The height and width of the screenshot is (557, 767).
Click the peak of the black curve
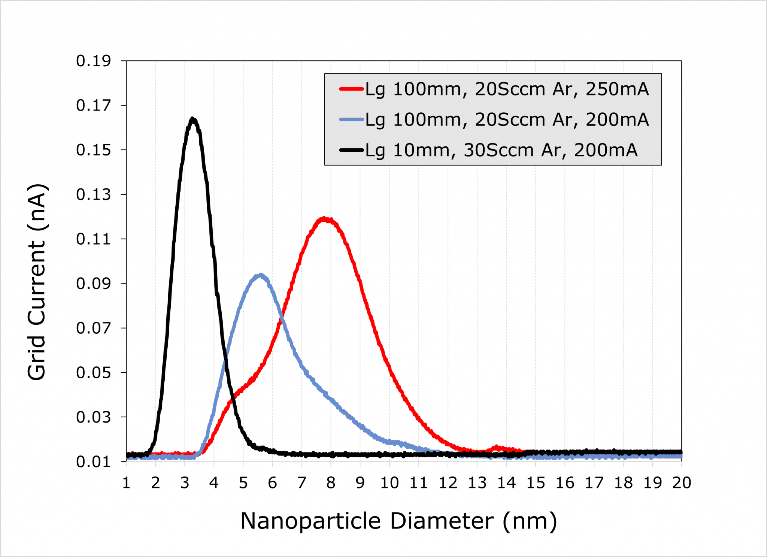[x=192, y=119]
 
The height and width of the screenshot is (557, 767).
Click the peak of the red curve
[x=324, y=219]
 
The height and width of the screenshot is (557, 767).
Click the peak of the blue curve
[x=260, y=275]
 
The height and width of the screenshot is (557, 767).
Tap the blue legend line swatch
[x=351, y=119]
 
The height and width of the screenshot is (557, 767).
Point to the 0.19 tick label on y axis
[x=93, y=61]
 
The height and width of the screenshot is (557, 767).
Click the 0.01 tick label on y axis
[x=93, y=462]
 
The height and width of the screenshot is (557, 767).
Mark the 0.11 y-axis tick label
[x=93, y=239]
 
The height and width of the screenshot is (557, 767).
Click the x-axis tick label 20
[x=681, y=483]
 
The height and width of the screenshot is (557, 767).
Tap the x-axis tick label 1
[x=126, y=483]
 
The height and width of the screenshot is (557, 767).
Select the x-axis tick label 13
[x=477, y=483]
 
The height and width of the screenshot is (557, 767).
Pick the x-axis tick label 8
[x=331, y=483]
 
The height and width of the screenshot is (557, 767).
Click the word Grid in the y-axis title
[x=37, y=358]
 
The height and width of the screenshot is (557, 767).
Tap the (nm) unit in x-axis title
[x=530, y=521]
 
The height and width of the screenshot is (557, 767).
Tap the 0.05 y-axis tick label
[x=93, y=373]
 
